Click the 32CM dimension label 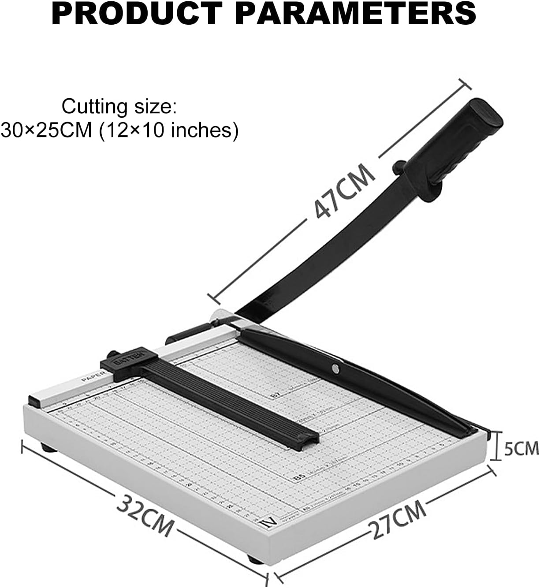pyautogui.click(x=145, y=514)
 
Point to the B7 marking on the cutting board pyautogui.click(x=274, y=396)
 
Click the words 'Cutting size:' pyautogui.click(x=119, y=107)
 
